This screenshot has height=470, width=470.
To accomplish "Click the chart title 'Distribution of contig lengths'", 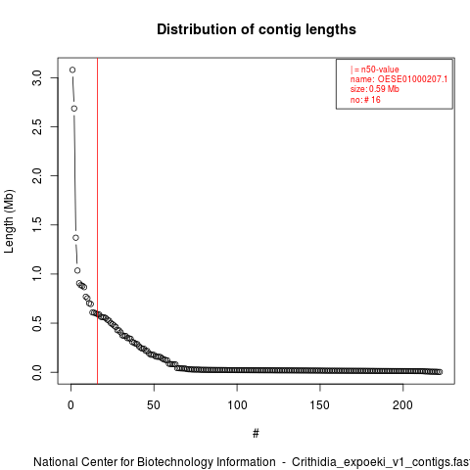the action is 257,29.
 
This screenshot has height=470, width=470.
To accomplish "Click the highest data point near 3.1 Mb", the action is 72,70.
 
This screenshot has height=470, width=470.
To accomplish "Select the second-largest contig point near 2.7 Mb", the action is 74,109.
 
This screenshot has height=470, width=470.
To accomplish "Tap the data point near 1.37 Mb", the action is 75,238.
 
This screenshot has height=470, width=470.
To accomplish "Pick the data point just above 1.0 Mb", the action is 77,270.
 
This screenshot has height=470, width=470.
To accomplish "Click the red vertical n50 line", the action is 97,221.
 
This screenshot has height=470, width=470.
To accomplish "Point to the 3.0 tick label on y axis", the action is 37,77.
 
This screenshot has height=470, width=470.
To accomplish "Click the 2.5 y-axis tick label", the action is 37,126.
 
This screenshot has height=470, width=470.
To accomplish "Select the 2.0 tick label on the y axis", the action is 37,175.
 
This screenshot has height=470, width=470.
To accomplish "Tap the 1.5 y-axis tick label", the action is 37,225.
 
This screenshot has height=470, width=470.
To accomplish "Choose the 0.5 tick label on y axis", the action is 37,323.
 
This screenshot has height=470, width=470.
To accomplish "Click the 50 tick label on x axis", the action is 154,405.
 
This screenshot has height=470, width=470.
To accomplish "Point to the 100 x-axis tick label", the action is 237,405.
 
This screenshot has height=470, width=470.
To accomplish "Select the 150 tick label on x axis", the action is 320,405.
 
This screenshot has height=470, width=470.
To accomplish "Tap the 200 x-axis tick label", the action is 403,405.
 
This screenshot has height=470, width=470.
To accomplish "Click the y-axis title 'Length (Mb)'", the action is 9,221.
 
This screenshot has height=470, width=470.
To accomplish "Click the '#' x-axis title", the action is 256,434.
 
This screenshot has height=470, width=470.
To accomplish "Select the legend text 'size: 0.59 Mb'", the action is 375,89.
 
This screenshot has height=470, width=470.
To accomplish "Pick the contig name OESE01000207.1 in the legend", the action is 412,79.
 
